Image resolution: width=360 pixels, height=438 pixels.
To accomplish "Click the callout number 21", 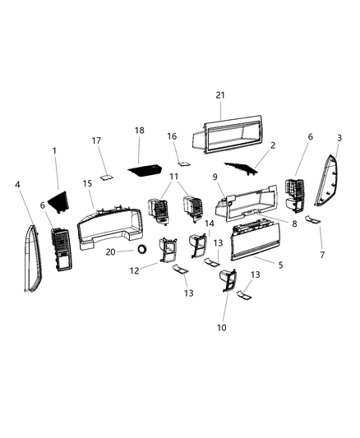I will coord(219,96).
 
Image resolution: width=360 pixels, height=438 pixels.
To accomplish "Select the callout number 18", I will coord(139,131).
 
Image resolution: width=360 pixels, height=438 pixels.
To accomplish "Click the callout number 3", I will coord(339,137).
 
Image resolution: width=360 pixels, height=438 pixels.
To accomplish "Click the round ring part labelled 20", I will coord(141,250).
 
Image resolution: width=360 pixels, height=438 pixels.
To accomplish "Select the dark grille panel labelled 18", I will coord(149,170).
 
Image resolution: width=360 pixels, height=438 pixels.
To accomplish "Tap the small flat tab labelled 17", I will coord(106,175).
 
